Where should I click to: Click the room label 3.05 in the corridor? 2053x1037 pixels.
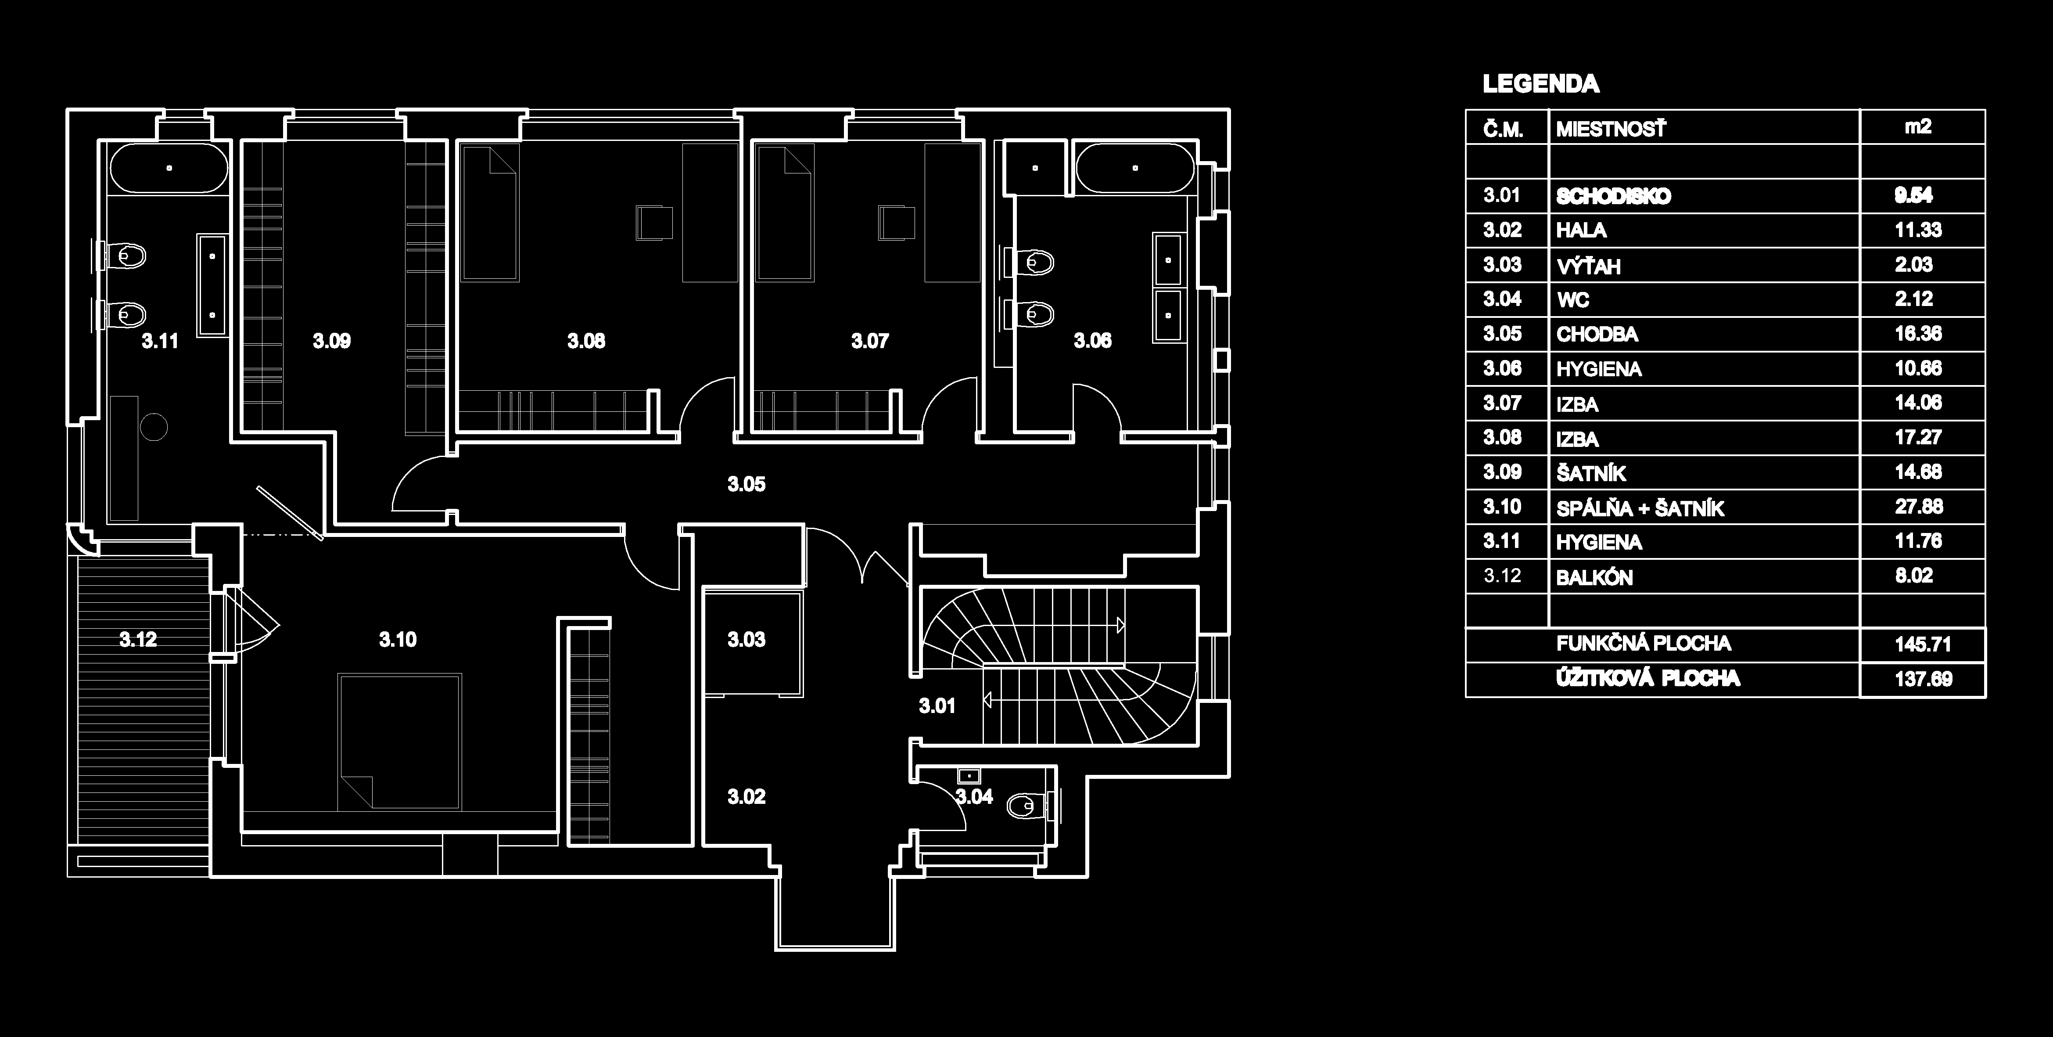coord(746,484)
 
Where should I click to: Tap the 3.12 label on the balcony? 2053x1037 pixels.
coord(138,639)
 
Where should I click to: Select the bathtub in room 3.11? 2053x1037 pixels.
coord(169,168)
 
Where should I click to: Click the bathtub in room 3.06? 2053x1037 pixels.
coord(1135,168)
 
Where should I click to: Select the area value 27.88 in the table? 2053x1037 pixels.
coord(1918,507)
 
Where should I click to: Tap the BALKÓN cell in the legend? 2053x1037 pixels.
coord(1594,577)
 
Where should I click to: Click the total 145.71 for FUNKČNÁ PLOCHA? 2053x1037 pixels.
coord(1922,644)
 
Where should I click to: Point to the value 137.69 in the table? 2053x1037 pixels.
coord(1922,679)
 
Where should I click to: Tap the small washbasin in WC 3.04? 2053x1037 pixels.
coord(968,775)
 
